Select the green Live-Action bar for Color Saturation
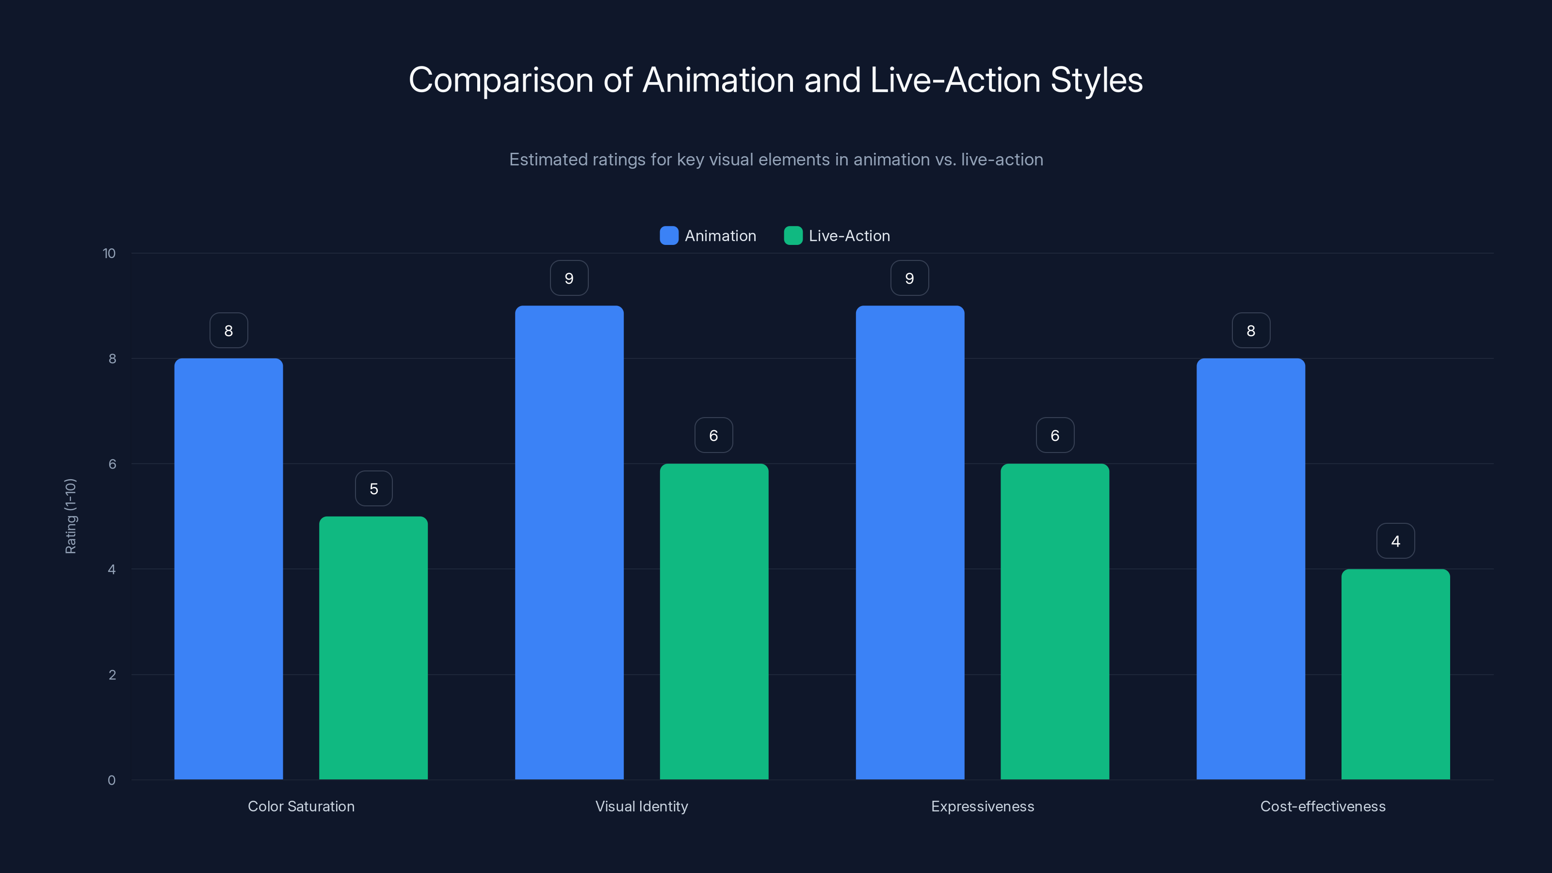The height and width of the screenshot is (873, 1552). pyautogui.click(x=373, y=647)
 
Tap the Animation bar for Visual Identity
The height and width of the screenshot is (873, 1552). pyautogui.click(x=569, y=542)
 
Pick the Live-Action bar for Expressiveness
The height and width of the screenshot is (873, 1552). pyautogui.click(x=1054, y=621)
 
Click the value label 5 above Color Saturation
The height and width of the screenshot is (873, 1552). pyautogui.click(x=373, y=488)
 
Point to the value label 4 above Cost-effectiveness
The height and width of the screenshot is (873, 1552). pyautogui.click(x=1395, y=541)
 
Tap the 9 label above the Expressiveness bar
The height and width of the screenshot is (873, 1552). pyautogui.click(x=910, y=278)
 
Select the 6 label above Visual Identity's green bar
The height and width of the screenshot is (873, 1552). pyautogui.click(x=713, y=436)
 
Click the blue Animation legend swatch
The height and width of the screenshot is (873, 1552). pyautogui.click(x=669, y=236)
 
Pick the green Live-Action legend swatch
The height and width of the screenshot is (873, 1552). pyautogui.click(x=793, y=236)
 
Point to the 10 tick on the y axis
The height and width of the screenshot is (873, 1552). pyautogui.click(x=109, y=254)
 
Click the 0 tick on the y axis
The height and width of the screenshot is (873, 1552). pyautogui.click(x=112, y=780)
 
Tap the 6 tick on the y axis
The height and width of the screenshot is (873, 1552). pyautogui.click(x=112, y=464)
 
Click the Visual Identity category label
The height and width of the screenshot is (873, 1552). pyautogui.click(x=642, y=806)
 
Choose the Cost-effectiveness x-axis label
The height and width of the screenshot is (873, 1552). pyautogui.click(x=1323, y=806)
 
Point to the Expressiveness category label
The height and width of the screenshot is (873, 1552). pyautogui.click(x=983, y=806)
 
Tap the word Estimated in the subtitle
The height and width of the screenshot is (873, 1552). pyautogui.click(x=548, y=160)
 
